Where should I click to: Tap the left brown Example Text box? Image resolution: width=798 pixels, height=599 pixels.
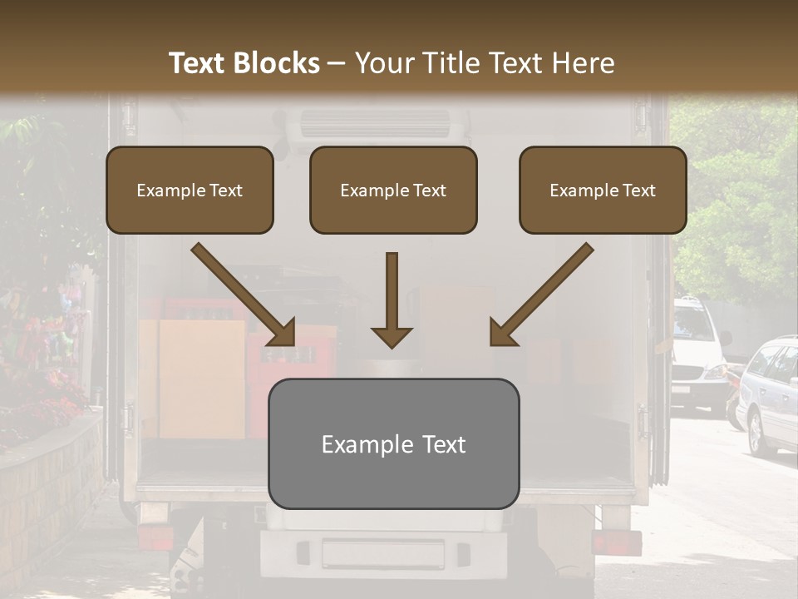point(190,190)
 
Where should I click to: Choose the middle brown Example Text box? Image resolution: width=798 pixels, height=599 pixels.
point(393,190)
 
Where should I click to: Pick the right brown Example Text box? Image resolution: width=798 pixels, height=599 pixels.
point(603,190)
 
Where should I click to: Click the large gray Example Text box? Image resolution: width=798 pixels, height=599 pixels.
point(393,444)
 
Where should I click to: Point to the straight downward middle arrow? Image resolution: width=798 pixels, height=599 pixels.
point(392,299)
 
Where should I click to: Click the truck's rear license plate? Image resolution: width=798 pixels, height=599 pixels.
point(383,553)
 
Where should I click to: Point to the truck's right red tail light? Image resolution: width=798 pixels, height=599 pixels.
point(616,542)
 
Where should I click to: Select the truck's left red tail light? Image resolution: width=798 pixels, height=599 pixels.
point(155,538)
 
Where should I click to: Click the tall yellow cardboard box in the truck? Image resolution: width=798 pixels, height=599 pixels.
point(202,378)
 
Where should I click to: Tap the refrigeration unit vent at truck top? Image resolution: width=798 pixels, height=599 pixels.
point(377,123)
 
